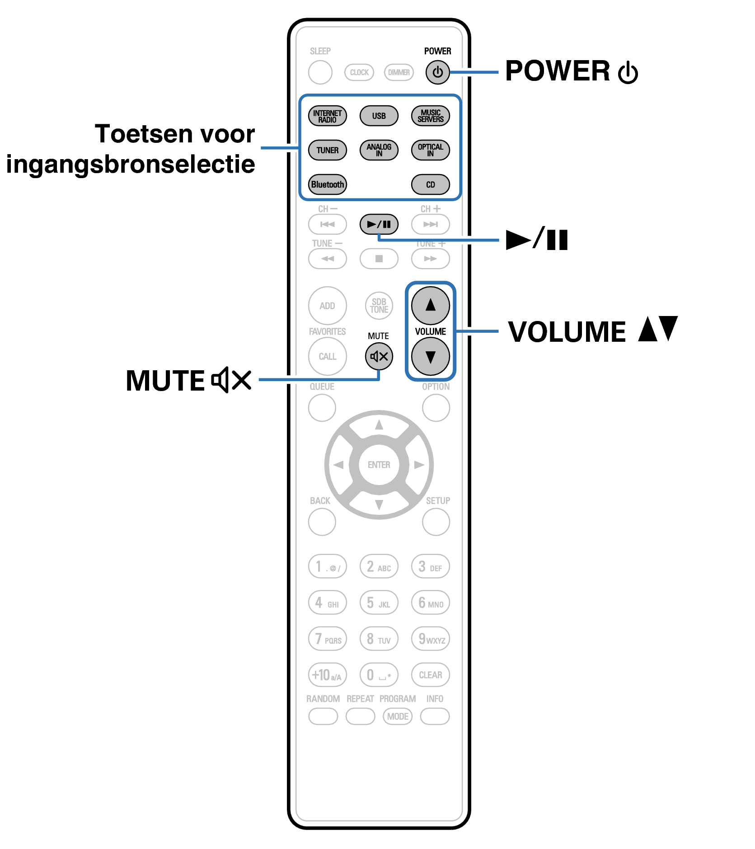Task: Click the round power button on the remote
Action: click(x=437, y=72)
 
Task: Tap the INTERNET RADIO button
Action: click(x=327, y=116)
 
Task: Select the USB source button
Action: click(x=379, y=116)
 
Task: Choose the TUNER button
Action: click(x=327, y=150)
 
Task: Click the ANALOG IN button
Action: click(x=379, y=150)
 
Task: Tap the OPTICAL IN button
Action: click(x=430, y=150)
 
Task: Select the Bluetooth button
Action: click(x=327, y=184)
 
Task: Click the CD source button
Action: click(x=430, y=184)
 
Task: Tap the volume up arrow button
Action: click(x=430, y=305)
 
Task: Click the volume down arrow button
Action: click(x=430, y=357)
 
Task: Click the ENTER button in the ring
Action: click(x=379, y=465)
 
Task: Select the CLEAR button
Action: click(x=430, y=675)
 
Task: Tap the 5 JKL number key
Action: click(x=379, y=603)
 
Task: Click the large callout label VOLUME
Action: click(x=567, y=332)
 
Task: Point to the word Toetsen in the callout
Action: click(x=142, y=134)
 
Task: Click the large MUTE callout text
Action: click(x=165, y=381)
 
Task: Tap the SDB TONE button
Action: click(x=379, y=306)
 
